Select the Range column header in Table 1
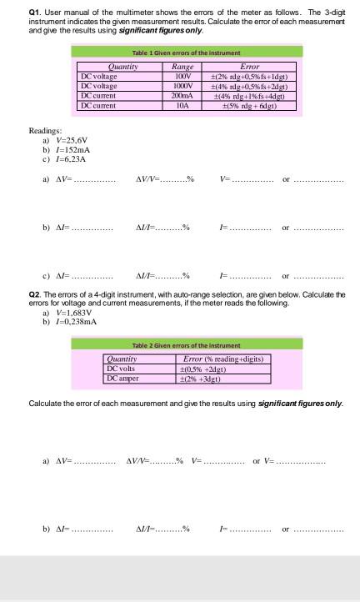182,67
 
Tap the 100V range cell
182,76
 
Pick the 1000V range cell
182,85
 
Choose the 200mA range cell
182,95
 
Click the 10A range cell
182,104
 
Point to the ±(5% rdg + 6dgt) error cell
249,104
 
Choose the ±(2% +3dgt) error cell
206,378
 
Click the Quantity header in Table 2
122,359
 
